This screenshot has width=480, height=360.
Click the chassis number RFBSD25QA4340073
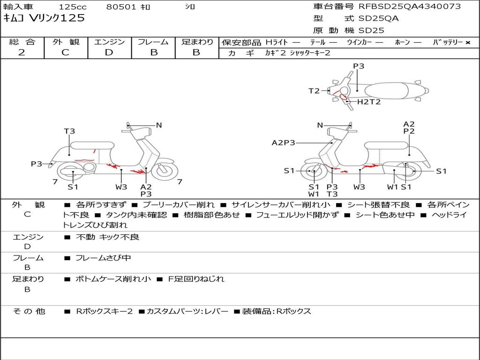[x=410, y=7]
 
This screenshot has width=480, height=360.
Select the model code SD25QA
[x=379, y=18]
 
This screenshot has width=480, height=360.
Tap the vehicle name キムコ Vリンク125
[x=44, y=18]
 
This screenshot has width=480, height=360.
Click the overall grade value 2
[x=22, y=52]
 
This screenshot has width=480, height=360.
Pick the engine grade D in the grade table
[x=109, y=52]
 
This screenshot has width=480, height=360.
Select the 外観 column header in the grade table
[x=66, y=42]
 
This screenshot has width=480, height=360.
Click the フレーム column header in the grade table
[x=153, y=42]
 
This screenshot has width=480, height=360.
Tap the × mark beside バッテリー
[x=468, y=43]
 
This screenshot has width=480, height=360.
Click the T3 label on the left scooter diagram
[x=69, y=131]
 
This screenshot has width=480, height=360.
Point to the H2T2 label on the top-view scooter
[x=369, y=102]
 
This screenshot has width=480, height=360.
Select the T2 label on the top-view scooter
[x=314, y=91]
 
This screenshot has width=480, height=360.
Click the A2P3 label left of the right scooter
[x=284, y=142]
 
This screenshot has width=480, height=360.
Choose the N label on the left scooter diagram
[x=159, y=125]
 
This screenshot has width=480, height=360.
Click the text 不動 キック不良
[x=107, y=237]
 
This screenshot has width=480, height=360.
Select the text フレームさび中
[x=103, y=258]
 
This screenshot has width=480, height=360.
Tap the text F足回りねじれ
[x=196, y=279]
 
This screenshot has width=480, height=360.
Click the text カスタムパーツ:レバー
[x=187, y=311]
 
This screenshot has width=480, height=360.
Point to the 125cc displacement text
[x=73, y=7]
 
